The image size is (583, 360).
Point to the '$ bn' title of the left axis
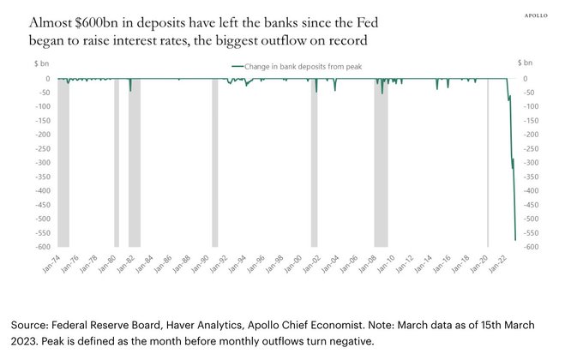tap(39, 64)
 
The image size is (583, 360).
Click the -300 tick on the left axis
tap(41, 163)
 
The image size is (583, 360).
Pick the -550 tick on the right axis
tap(532, 233)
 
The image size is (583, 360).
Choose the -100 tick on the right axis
tap(532, 107)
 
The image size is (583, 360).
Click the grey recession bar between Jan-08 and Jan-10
tap(381, 163)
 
